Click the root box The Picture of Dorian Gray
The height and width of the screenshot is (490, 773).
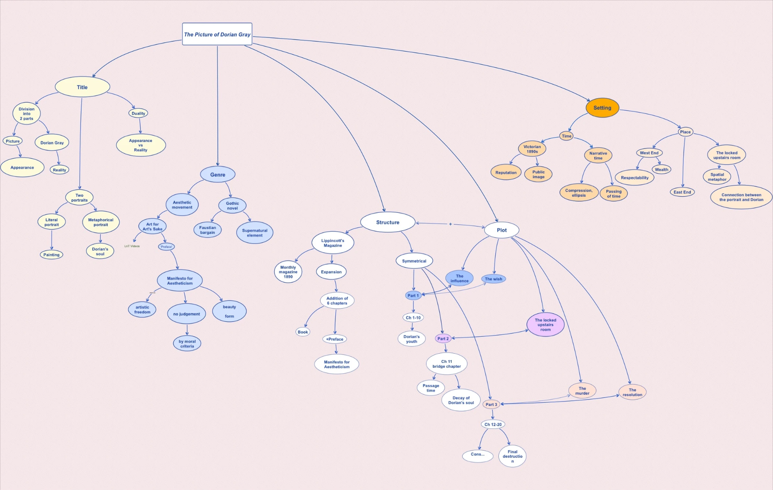217,34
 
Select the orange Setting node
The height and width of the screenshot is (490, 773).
602,108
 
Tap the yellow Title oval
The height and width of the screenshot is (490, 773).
82,87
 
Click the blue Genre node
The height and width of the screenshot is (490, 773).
217,175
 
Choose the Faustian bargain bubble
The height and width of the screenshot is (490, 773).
207,230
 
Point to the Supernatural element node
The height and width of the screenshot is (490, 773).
254,233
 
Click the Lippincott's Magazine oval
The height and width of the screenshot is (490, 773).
333,243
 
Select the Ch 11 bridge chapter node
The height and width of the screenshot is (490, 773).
446,364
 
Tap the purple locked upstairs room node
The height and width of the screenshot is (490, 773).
545,325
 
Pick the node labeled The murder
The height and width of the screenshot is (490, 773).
582,391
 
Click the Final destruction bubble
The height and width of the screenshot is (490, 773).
512,456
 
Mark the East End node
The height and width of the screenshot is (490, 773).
682,192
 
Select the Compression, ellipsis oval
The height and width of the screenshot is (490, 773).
579,193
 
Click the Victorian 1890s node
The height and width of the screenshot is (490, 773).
532,149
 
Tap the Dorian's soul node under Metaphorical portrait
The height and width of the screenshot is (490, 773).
100,251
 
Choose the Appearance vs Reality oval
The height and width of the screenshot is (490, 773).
141,145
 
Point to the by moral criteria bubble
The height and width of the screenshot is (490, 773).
187,344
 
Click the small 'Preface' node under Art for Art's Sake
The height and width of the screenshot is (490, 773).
166,247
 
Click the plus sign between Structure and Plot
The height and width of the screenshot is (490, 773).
450,224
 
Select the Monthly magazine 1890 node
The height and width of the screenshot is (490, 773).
288,272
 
